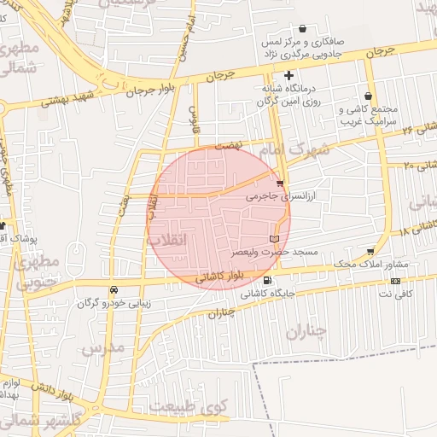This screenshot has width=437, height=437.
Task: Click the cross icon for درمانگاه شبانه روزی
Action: click(x=288, y=77)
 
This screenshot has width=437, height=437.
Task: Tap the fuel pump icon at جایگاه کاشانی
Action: click(x=269, y=281)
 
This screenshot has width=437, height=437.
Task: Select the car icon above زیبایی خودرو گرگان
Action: click(x=114, y=288)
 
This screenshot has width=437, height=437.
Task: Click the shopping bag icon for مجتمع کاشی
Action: click(x=368, y=96)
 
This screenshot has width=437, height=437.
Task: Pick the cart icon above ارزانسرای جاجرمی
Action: click(x=281, y=183)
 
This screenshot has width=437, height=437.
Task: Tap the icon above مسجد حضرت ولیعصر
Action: click(x=274, y=239)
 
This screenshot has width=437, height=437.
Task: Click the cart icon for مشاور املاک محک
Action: click(x=370, y=251)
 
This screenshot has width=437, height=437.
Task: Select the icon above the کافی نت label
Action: click(x=395, y=281)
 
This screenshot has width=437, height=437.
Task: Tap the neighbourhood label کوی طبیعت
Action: click(x=207, y=407)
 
